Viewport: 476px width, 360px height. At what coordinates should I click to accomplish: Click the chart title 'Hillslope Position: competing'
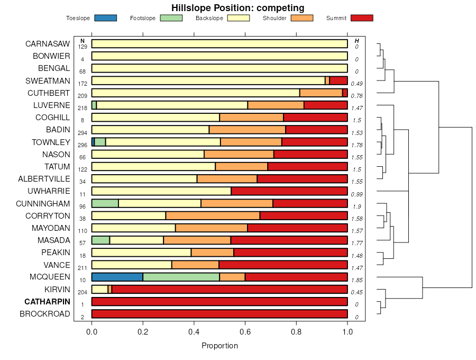237,7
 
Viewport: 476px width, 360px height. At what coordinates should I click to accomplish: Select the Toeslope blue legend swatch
105,18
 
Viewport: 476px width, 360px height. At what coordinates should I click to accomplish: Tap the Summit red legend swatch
362,18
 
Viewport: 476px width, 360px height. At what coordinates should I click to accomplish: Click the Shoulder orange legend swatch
302,18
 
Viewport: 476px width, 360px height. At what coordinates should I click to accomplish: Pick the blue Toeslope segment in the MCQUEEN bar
117,277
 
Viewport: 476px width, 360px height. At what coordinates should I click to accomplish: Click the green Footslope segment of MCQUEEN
181,277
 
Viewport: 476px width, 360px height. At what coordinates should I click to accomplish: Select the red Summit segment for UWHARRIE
289,191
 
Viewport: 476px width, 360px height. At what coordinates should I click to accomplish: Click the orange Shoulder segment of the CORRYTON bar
213,215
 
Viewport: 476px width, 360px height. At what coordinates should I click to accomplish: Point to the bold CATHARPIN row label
47,302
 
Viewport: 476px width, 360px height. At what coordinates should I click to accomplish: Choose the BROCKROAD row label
45,314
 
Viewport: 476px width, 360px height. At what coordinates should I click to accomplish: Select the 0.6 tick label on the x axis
245,332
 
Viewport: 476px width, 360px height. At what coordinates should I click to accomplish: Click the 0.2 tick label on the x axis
143,332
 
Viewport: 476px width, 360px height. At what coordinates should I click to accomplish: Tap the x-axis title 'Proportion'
219,346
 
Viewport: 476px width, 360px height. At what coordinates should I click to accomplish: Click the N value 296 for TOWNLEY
83,145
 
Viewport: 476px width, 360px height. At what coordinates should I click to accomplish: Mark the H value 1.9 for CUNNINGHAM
357,206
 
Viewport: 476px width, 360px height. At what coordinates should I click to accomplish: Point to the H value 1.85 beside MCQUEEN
357,280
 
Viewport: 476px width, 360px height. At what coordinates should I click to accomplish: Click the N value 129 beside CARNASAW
83,47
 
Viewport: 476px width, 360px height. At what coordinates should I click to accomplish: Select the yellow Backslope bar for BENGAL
219,68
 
